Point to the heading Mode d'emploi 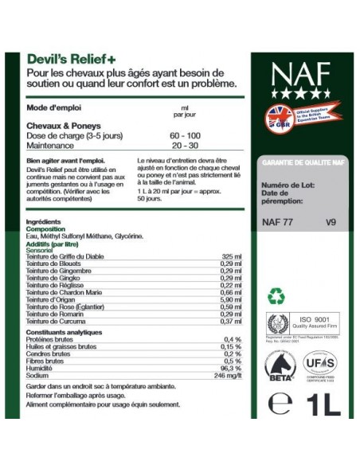[x=53, y=107]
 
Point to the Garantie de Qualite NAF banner [x=300, y=161]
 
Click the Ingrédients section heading [x=44, y=221]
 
